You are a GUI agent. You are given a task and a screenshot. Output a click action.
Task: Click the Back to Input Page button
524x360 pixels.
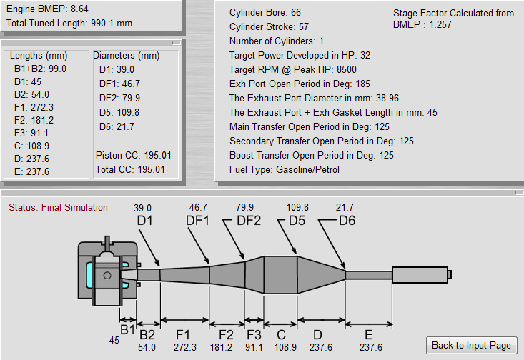pos(471,345)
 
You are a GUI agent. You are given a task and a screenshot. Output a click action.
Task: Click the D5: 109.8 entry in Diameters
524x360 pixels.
pos(119,112)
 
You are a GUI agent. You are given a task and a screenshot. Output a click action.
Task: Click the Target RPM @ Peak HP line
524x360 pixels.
pos(300,69)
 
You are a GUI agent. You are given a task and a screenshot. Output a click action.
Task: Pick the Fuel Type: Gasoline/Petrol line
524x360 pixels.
pos(285,169)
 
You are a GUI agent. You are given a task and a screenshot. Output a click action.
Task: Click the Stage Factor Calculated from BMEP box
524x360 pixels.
pos(453,19)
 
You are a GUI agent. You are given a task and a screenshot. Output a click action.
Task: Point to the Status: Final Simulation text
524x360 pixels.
pos(58,208)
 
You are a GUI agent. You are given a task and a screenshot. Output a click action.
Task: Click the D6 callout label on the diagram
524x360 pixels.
pos(347,221)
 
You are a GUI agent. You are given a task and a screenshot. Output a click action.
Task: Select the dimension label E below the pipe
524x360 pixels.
pos(369,334)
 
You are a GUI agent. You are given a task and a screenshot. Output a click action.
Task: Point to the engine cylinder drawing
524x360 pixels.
pos(107,274)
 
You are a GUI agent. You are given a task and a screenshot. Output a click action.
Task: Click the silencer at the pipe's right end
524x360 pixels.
pos(420,274)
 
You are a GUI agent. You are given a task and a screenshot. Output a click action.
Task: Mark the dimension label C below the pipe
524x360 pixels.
pos(280,334)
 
